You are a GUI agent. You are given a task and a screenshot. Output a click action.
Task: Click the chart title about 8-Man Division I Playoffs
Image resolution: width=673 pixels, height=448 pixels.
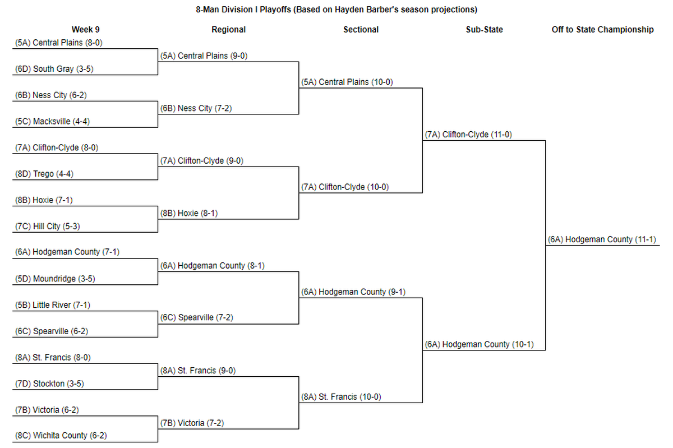pyautogui.click(x=336, y=10)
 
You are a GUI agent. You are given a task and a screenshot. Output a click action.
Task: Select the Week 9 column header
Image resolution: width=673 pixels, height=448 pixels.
pyautogui.click(x=85, y=30)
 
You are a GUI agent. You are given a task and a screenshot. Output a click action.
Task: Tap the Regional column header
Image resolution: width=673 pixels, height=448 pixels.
pyautogui.click(x=228, y=30)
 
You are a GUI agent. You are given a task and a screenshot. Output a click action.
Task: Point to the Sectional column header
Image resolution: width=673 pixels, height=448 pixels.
pyautogui.click(x=361, y=30)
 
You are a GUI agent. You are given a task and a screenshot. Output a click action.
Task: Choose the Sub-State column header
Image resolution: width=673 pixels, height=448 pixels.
pyautogui.click(x=485, y=30)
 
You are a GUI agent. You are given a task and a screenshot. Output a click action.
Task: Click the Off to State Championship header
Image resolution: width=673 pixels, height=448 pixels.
pyautogui.click(x=602, y=30)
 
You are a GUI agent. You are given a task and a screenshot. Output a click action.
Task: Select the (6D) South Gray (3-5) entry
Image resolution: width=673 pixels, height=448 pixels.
pyautogui.click(x=54, y=69)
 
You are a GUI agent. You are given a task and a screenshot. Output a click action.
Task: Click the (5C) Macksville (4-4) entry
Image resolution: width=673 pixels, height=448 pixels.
pyautogui.click(x=52, y=121)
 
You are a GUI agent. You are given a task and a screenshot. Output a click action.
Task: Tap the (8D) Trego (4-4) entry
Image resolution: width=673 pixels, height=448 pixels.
pyautogui.click(x=44, y=174)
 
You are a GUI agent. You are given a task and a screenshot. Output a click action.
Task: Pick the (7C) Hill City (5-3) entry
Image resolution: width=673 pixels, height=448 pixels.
pyautogui.click(x=48, y=227)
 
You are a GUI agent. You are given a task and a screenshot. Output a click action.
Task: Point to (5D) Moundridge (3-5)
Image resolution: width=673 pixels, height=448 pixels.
pyautogui.click(x=55, y=279)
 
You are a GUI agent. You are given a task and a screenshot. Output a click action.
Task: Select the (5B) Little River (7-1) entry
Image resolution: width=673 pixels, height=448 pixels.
pyautogui.click(x=53, y=305)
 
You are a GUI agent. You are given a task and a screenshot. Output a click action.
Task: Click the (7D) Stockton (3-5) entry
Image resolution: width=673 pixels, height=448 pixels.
pyautogui.click(x=49, y=384)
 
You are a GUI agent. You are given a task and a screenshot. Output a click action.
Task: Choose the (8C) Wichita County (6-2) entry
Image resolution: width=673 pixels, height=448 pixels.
pyautogui.click(x=61, y=435)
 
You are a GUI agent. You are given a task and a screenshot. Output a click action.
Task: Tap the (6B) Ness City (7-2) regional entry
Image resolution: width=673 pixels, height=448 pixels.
pyautogui.click(x=196, y=108)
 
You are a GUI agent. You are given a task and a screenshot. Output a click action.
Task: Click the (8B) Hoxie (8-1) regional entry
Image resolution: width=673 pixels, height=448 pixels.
pyautogui.click(x=189, y=213)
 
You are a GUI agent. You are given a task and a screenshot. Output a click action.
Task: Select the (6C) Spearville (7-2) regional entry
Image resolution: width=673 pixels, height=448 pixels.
pyautogui.click(x=196, y=317)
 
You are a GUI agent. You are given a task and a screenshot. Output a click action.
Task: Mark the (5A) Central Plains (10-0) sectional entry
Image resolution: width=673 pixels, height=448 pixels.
pyautogui.click(x=347, y=82)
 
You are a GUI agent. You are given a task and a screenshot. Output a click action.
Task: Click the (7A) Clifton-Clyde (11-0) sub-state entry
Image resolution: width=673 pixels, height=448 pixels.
pyautogui.click(x=468, y=135)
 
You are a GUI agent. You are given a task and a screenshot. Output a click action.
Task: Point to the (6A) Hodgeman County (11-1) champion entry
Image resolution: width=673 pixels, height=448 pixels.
pyautogui.click(x=602, y=239)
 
